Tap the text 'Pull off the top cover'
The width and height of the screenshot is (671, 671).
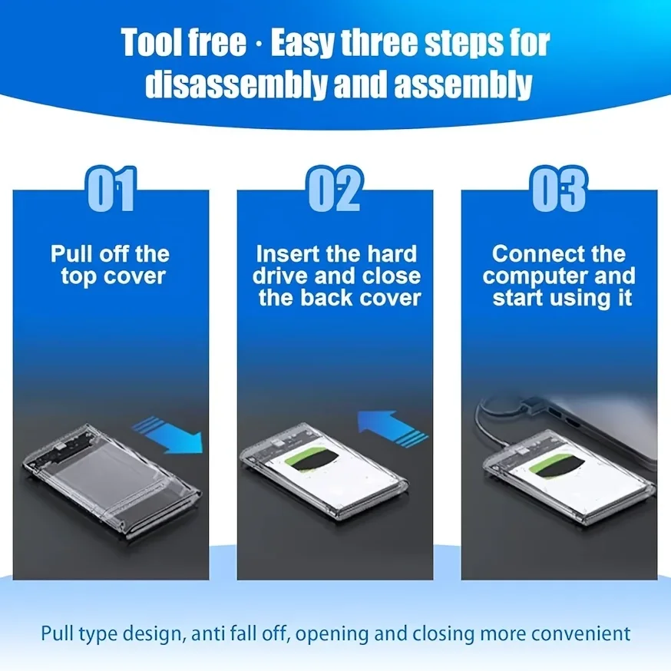coord(111,265)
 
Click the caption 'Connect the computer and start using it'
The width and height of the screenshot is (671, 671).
coord(560,276)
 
